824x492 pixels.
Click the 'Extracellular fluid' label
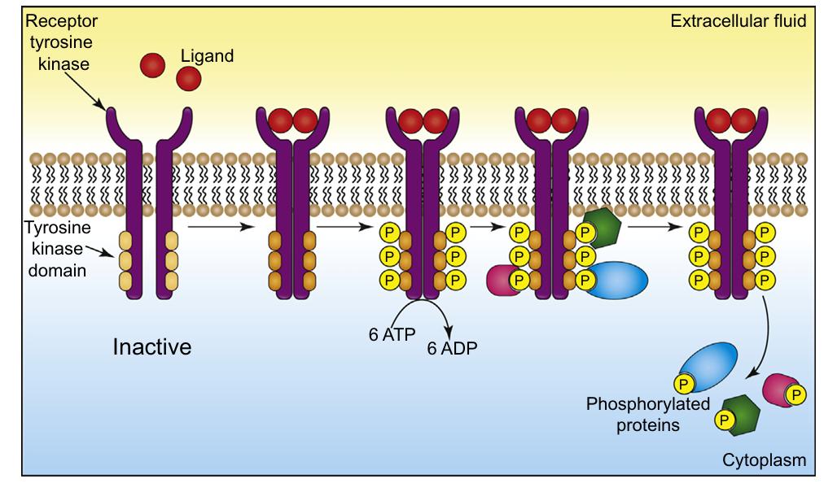coord(738,20)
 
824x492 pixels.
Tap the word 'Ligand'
coord(207,56)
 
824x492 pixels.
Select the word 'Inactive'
coord(151,347)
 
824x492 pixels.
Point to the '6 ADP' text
coord(452,349)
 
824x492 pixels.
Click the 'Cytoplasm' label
coord(764,460)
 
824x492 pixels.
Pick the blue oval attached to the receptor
coord(616,279)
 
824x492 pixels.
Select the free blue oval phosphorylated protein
coord(707,361)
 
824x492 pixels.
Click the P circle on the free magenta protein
coord(796,394)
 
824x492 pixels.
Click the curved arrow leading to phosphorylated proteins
coord(766,342)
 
